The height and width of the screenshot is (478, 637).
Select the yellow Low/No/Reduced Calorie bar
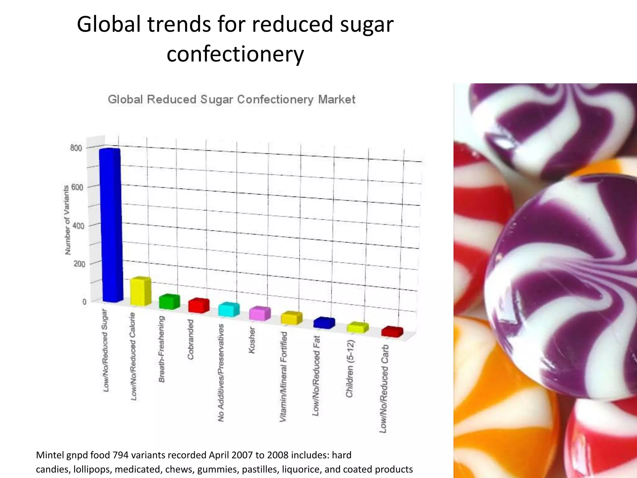click(140, 291)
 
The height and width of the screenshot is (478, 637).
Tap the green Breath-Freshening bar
click(169, 302)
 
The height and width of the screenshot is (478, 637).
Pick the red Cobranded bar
click(199, 306)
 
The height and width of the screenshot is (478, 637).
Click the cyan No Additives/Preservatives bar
click(229, 310)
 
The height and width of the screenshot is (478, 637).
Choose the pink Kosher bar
click(260, 313)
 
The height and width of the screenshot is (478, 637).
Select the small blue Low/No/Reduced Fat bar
click(324, 323)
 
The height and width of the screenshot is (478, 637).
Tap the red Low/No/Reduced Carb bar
click(392, 332)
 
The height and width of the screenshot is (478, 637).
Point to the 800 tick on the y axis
click(76, 148)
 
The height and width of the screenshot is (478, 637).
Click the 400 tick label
click(78, 226)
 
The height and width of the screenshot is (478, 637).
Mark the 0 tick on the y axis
click(84, 302)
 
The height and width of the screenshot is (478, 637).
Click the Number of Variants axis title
click(67, 220)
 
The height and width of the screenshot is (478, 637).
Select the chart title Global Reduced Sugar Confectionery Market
click(231, 100)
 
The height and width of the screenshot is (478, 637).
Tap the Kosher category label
click(252, 340)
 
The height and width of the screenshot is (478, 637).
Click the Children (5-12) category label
click(350, 369)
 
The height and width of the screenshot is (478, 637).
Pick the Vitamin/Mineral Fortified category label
click(283, 377)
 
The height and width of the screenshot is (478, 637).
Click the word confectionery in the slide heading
click(235, 54)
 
